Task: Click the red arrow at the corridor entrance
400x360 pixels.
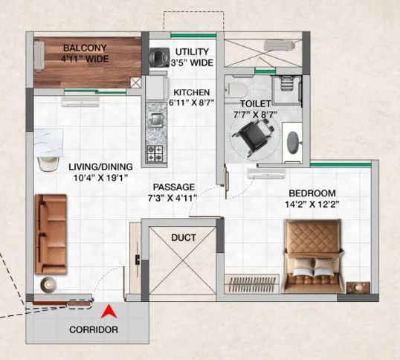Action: (x=109, y=312)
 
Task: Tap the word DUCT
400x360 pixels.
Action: (x=184, y=239)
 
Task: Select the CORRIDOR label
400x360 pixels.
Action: (x=94, y=330)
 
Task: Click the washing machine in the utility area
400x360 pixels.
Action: (x=158, y=57)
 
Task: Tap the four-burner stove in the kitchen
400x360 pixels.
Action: (x=155, y=154)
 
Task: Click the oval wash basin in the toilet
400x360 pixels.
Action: (x=294, y=140)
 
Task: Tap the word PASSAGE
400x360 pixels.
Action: (x=174, y=187)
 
